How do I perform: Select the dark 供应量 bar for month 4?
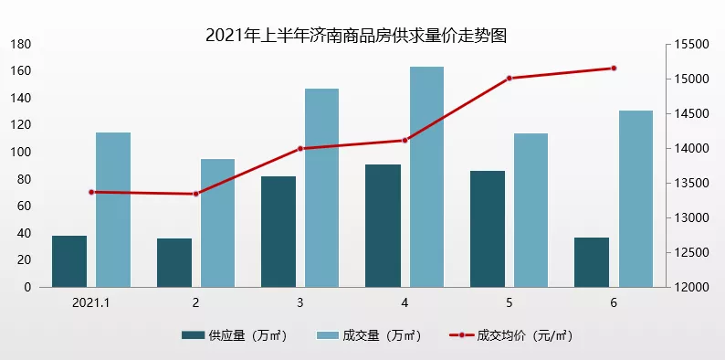tap(383, 226)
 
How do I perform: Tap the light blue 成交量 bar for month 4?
tap(426, 176)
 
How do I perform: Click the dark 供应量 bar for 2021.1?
tap(69, 261)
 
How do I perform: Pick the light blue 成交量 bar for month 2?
tap(217, 223)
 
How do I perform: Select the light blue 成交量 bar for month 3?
tap(321, 187)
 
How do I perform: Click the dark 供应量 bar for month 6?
tap(592, 262)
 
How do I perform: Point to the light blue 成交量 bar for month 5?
tap(531, 210)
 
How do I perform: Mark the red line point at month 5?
tap(510, 79)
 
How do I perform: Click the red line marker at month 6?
tap(614, 68)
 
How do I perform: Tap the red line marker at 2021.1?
tap(91, 192)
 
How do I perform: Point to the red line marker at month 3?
tap(300, 148)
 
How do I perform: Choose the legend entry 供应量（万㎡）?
tap(235, 335)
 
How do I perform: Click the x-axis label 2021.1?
tap(91, 302)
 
